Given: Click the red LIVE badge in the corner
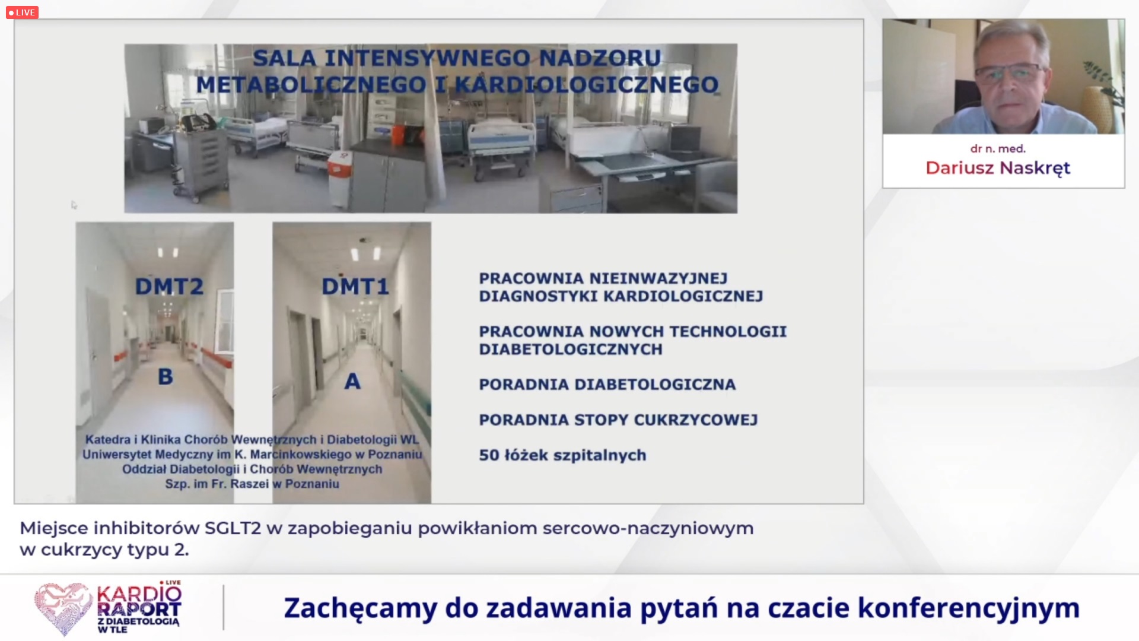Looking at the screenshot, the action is coord(22,12).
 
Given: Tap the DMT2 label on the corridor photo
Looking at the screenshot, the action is coord(169,287).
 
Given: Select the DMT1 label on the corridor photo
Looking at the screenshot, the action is coord(355,287).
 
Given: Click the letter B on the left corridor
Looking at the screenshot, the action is coord(166,376).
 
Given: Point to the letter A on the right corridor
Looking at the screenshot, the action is coord(352,381).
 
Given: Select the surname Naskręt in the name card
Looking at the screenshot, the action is coord(1035,169).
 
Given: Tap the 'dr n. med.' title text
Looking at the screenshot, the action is coord(998,149).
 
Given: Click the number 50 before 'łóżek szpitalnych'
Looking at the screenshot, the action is coord(489,455).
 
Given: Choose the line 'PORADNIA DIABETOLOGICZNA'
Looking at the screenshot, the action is coord(607,385).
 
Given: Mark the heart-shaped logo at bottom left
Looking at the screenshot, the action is coord(63,608).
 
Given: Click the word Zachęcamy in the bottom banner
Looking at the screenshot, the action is coord(360,608).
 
